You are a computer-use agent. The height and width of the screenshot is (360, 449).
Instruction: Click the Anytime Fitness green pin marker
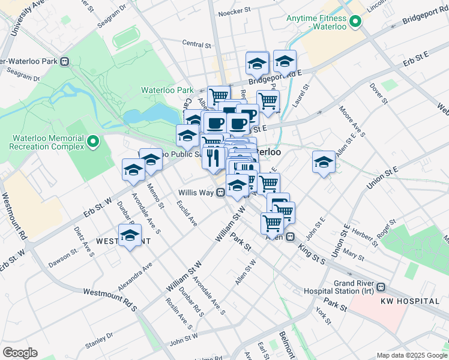click(x=355, y=23)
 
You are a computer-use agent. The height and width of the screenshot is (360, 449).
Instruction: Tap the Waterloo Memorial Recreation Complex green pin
click(x=92, y=142)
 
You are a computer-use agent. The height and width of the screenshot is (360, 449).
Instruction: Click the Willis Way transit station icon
click(x=221, y=193)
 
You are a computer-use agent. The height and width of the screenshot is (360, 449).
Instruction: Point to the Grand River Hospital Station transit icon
click(x=381, y=287)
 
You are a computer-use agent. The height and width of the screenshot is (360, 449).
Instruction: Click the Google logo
click(x=20, y=353)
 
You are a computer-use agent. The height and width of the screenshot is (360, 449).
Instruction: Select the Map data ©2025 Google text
click(x=411, y=355)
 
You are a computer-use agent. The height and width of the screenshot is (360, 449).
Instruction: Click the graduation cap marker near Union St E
click(x=324, y=162)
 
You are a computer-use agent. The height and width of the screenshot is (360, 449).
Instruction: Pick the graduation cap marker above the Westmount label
click(x=130, y=235)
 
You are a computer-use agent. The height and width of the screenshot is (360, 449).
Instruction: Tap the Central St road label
click(x=197, y=44)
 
